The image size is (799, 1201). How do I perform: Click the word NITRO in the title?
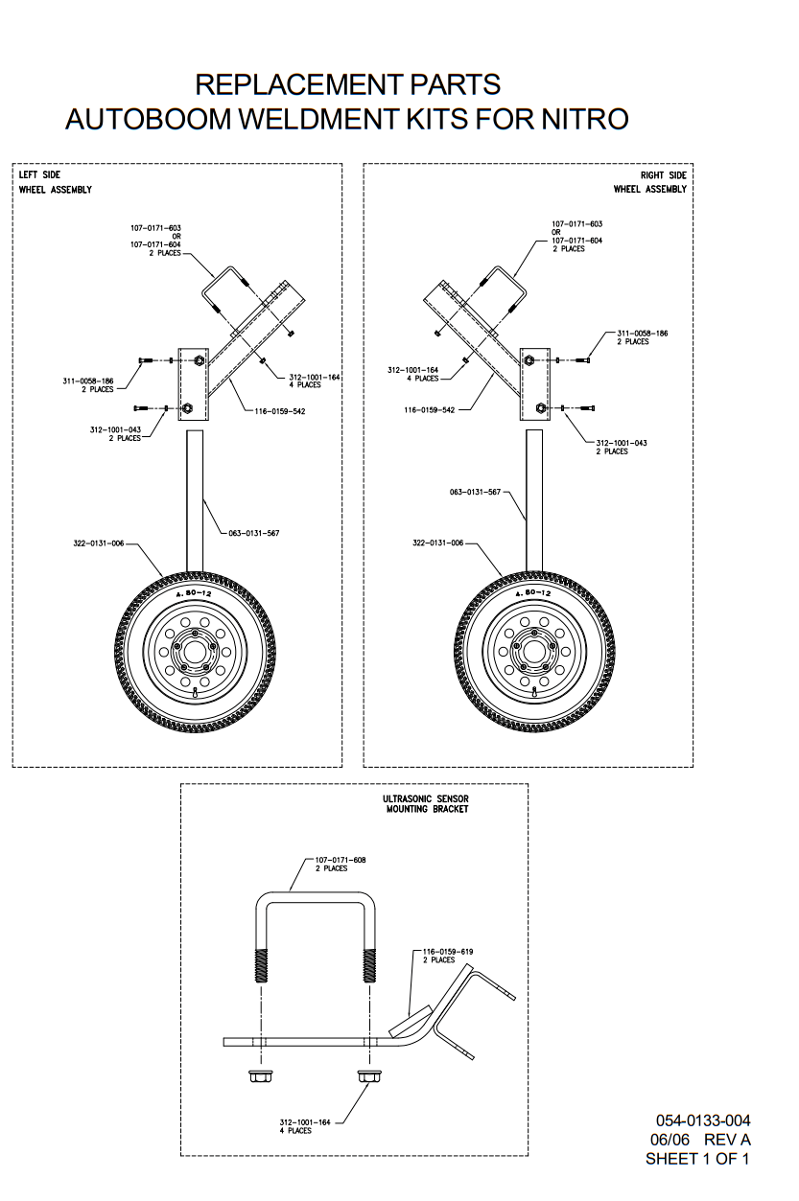point(584,119)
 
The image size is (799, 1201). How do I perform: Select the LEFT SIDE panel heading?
point(39,175)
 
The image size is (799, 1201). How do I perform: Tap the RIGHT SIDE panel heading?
point(664,175)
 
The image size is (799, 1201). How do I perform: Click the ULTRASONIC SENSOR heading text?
point(426,798)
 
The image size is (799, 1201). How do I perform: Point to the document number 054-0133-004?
point(703,1120)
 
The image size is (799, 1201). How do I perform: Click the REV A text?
point(727,1140)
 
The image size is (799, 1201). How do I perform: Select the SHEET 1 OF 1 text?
point(697,1159)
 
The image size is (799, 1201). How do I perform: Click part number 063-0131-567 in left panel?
point(254,532)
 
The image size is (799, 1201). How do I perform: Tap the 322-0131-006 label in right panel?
point(438,543)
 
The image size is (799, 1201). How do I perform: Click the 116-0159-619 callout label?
point(448,952)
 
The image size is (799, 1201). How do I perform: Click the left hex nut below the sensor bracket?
point(257,1075)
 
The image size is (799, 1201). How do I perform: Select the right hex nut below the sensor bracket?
point(366,1075)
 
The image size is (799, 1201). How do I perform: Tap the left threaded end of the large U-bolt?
point(259,963)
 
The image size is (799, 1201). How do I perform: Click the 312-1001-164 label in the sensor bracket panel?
point(305,1121)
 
